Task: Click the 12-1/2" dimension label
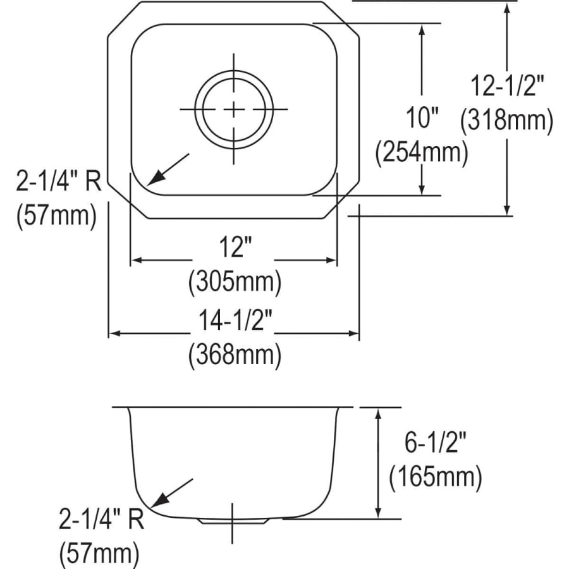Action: click(508, 85)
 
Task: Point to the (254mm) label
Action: click(422, 152)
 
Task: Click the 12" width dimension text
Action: click(233, 247)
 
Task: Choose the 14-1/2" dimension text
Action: click(233, 322)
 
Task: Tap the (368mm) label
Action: click(234, 355)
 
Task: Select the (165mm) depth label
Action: click(436, 477)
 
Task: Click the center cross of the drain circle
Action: click(234, 109)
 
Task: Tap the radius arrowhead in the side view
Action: click(157, 503)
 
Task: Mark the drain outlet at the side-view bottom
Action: click(233, 520)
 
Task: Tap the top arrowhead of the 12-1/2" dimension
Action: click(506, 6)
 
